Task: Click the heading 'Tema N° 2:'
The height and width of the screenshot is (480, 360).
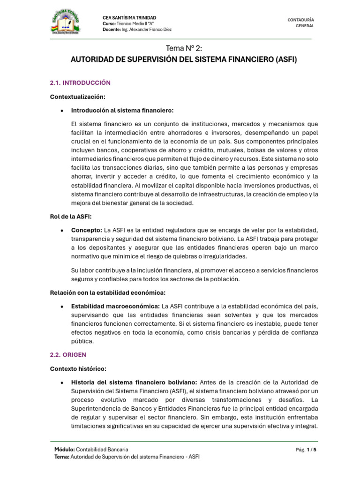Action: pyautogui.click(x=183, y=48)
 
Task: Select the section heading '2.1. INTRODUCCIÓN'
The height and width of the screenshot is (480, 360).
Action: pyautogui.click(x=80, y=82)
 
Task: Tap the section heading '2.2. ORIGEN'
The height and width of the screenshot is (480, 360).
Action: pyautogui.click(x=68, y=355)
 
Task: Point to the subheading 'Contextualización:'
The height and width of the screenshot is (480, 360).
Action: pyautogui.click(x=78, y=97)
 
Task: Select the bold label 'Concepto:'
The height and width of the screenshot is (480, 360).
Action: pyautogui.click(x=87, y=230)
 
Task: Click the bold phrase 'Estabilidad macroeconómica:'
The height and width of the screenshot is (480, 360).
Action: pyautogui.click(x=115, y=306)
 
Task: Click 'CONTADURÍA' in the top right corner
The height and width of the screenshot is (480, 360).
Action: pyautogui.click(x=300, y=19)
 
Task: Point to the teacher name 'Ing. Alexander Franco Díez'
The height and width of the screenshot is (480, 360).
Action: pyautogui.click(x=146, y=30)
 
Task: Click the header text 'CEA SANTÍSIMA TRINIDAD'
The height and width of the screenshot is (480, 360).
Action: pyautogui.click(x=129, y=18)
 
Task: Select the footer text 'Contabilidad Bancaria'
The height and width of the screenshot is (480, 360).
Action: pyautogui.click(x=102, y=450)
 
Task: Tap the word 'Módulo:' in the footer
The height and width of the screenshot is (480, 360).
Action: pyautogui.click(x=64, y=450)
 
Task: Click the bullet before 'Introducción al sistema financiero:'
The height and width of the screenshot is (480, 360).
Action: pyautogui.click(x=62, y=111)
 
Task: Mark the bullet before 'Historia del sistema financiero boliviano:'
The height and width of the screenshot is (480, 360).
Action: pyautogui.click(x=62, y=383)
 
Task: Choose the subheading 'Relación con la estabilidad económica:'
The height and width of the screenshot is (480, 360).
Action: pyautogui.click(x=108, y=292)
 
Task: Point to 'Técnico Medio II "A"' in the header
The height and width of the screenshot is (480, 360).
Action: pyautogui.click(x=136, y=23)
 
